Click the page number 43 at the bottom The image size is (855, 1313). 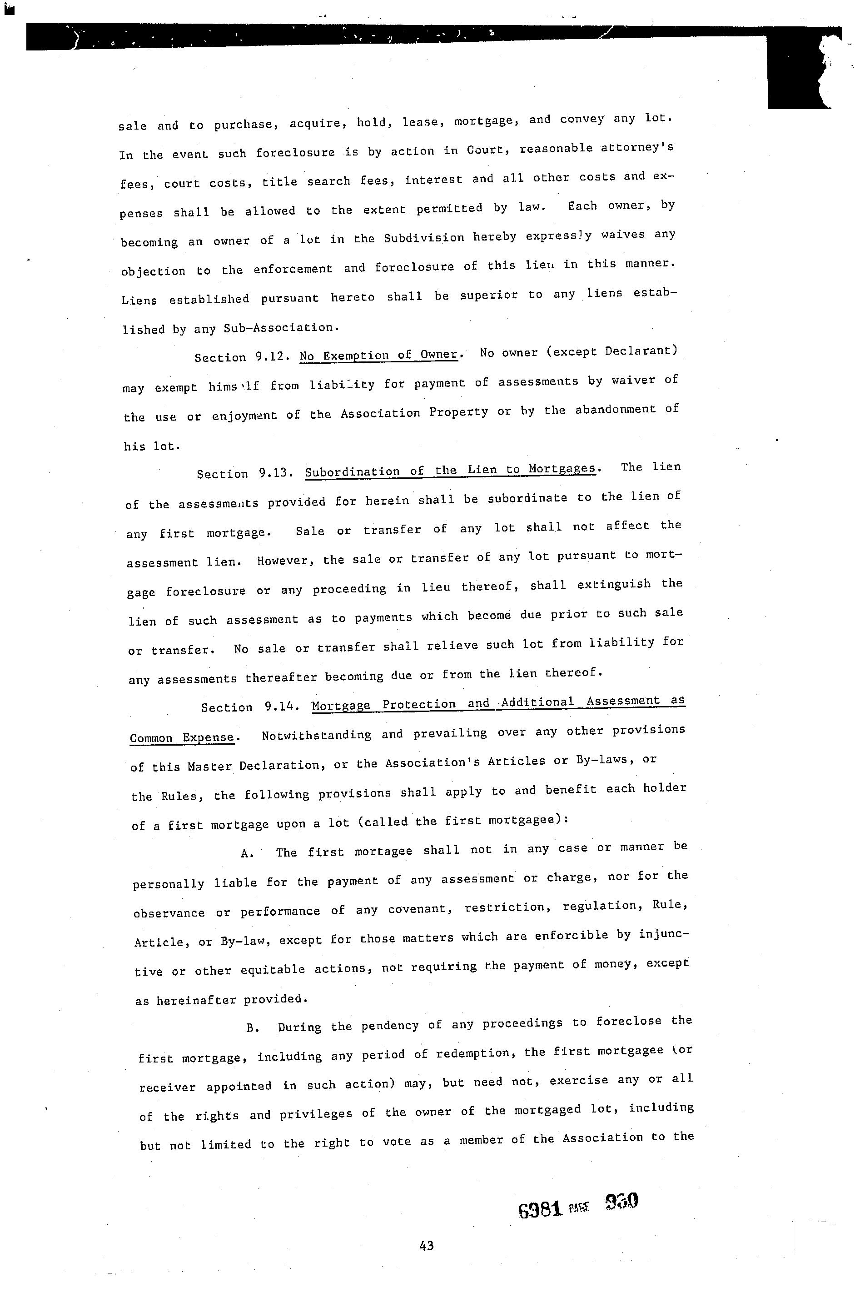(426, 1245)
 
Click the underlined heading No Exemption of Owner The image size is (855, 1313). (379, 355)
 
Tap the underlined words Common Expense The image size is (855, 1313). (182, 737)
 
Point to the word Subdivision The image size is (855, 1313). (424, 238)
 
